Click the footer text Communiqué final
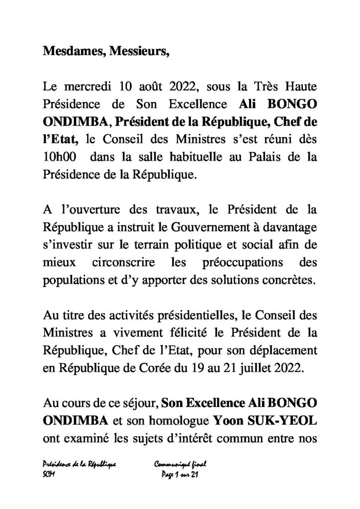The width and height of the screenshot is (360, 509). (x=177, y=464)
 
